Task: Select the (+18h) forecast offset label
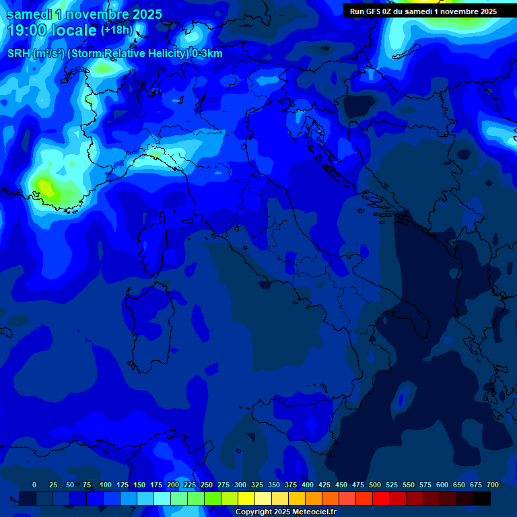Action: coord(116,30)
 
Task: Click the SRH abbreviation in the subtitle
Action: coord(19,54)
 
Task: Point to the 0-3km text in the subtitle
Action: coord(207,54)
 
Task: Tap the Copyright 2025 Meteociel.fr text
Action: coord(285,512)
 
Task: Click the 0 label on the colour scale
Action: coord(34,485)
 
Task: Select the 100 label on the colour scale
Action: coord(106,485)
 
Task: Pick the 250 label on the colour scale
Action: coord(207,485)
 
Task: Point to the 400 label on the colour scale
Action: coord(308,485)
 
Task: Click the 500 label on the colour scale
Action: coord(375,485)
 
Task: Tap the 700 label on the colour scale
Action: coord(493,485)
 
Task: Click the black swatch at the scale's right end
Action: coord(482,498)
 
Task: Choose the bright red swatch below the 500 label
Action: coord(381,498)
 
